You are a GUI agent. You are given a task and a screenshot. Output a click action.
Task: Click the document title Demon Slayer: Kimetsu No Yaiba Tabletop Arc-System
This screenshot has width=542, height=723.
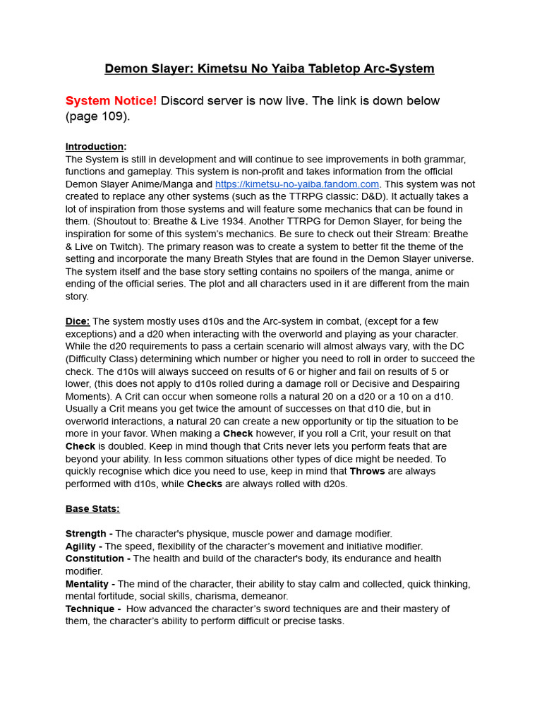tap(270, 68)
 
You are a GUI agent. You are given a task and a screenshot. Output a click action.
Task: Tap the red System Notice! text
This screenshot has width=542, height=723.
tap(111, 100)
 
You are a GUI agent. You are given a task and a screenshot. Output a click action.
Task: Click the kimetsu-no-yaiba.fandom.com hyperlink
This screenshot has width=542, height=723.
tap(297, 184)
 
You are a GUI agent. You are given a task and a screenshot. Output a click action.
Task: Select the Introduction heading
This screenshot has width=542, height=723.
tap(95, 146)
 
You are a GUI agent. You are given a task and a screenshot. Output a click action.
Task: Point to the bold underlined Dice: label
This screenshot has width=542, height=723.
tap(78, 321)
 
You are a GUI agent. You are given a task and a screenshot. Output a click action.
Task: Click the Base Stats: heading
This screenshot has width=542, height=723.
tap(92, 508)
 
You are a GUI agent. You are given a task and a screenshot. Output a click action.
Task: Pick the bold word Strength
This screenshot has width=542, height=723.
tap(87, 534)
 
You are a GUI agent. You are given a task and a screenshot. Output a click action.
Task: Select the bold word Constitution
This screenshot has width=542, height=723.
tap(95, 558)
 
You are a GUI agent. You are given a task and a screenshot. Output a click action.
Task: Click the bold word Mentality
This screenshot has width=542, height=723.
tap(88, 584)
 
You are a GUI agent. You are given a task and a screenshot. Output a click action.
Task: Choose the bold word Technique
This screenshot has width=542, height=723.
tap(90, 609)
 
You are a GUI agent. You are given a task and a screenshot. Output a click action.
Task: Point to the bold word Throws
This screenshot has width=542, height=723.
tap(367, 471)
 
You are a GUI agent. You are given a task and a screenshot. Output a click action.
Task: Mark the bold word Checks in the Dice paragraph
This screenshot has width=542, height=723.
tap(204, 484)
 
